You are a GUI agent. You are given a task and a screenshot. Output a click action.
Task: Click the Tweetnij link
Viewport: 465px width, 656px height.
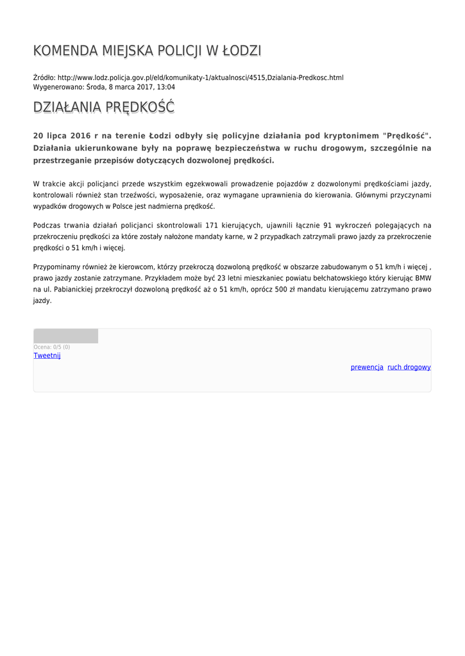(x=47, y=356)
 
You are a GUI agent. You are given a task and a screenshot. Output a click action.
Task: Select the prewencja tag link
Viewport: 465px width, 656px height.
(x=367, y=367)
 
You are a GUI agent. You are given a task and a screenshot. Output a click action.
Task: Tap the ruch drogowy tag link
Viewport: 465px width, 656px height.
(x=409, y=367)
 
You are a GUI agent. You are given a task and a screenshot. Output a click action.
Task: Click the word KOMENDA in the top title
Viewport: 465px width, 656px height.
(x=63, y=51)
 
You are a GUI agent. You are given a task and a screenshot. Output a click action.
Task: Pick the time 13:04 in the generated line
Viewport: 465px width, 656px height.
(x=166, y=87)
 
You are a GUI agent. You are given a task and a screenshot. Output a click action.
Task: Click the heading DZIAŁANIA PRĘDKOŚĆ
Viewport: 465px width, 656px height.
(x=103, y=108)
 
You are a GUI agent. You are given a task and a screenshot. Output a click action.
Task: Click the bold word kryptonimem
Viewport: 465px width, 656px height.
(x=345, y=136)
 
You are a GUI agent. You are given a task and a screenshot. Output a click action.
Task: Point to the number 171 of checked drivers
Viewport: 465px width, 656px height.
(x=211, y=225)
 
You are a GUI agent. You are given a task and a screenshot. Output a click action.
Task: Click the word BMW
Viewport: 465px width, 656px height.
(x=423, y=279)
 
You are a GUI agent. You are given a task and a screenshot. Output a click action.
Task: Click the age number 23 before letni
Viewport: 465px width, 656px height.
(x=223, y=279)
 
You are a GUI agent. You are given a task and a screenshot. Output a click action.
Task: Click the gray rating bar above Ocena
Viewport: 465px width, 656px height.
(x=65, y=336)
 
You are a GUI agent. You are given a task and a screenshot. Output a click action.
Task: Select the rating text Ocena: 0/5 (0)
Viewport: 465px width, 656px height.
(x=52, y=347)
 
